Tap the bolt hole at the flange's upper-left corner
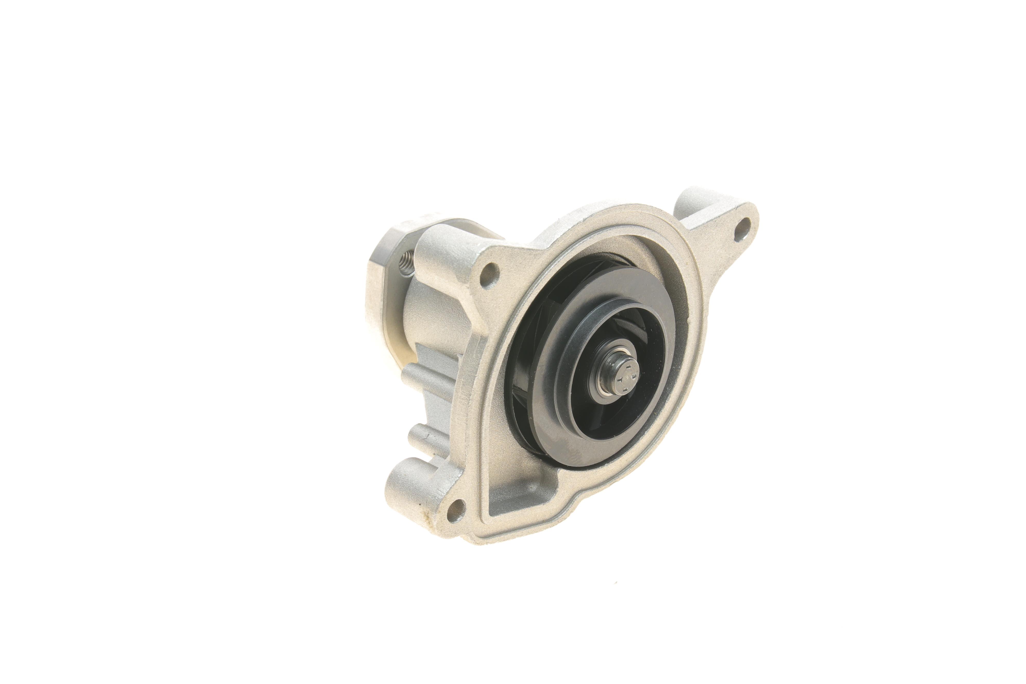click(490, 273)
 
